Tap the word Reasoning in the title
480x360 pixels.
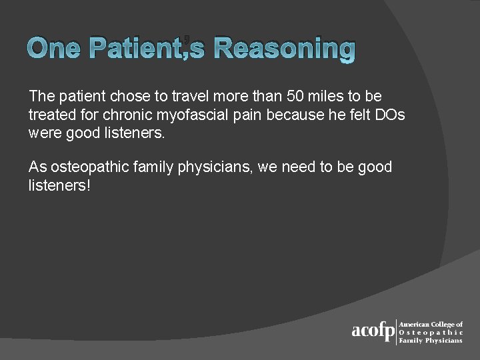[285, 49]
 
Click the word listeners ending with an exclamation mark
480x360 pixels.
[59, 185]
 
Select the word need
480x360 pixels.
[299, 167]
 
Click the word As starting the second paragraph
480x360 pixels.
[37, 167]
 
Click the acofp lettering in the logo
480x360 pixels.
[373, 331]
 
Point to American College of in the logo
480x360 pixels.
[431, 324]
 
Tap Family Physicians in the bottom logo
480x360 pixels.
[430, 340]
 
